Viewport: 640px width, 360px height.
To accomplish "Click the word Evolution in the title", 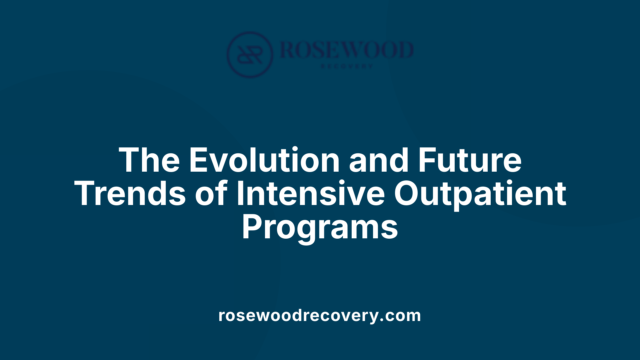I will tap(264, 160).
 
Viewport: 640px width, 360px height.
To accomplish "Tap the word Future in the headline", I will tap(469, 160).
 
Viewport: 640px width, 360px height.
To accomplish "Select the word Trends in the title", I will tap(130, 194).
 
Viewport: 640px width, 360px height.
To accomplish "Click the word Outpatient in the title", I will tap(480, 194).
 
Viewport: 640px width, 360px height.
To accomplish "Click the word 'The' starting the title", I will tap(149, 160).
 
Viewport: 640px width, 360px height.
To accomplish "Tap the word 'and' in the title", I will tap(379, 160).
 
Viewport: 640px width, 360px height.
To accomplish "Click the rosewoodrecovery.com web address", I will tap(320, 315).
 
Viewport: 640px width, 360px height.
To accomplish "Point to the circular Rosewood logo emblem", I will tap(250, 54).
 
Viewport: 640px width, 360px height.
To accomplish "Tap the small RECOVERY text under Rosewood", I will tap(347, 66).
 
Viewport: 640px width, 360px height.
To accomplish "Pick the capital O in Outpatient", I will tap(407, 194).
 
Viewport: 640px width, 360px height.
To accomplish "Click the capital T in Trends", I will tap(85, 194).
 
